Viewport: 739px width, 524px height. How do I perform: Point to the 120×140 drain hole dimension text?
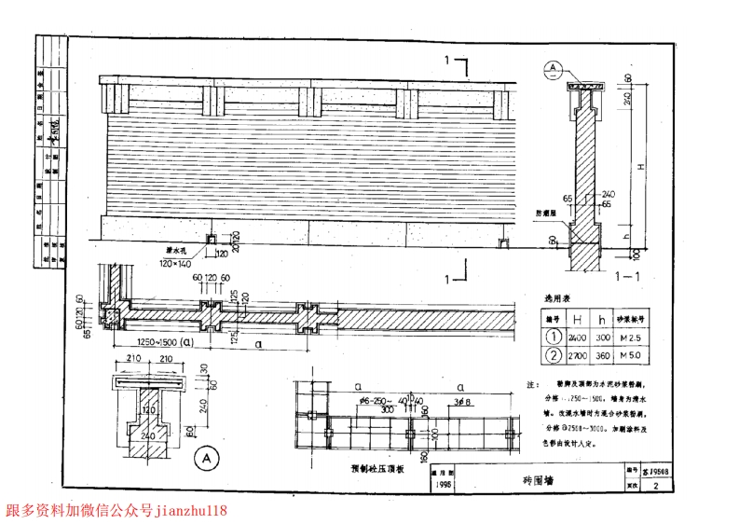[x=179, y=264]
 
